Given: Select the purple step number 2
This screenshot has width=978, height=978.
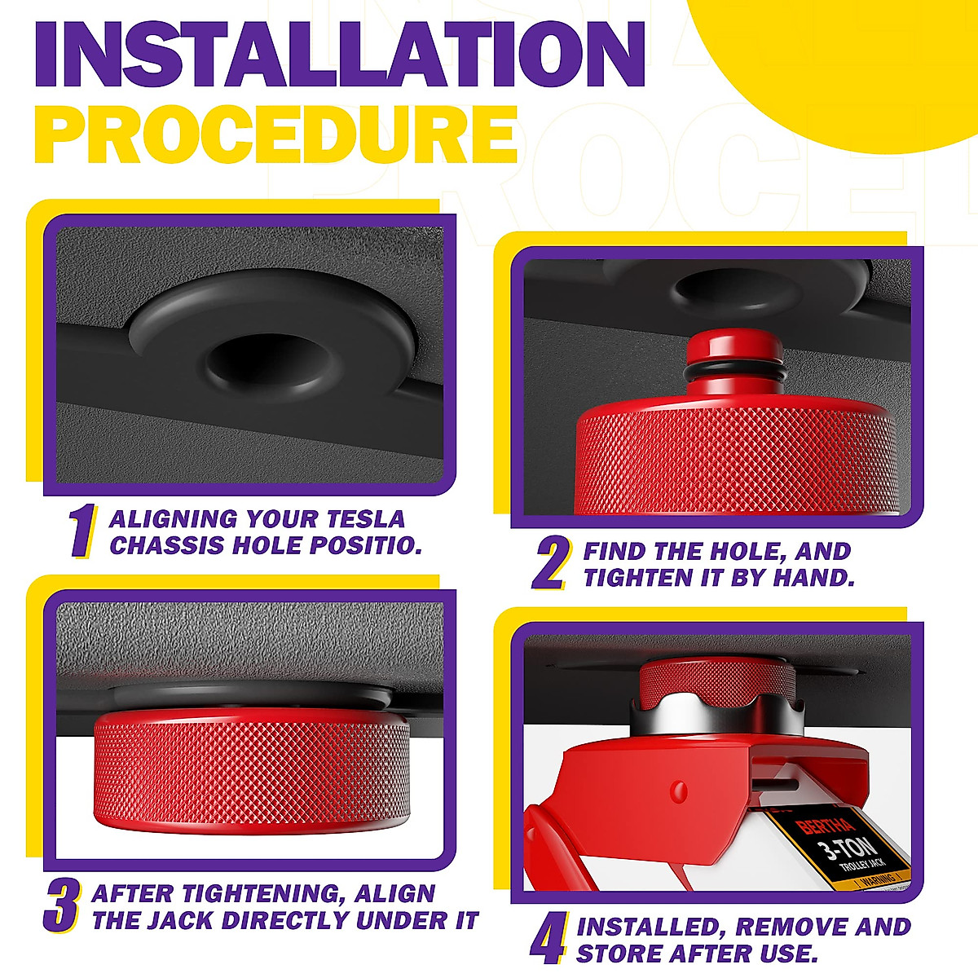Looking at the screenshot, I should (x=552, y=563).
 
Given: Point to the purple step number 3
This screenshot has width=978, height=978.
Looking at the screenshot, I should (x=62, y=905).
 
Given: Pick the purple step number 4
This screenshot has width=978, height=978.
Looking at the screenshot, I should (x=548, y=939).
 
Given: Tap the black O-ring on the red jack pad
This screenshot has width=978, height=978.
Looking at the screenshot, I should (x=734, y=372).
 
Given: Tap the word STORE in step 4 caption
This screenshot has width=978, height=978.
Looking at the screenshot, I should (x=615, y=953).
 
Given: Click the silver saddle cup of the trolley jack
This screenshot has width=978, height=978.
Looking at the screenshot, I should (x=716, y=715).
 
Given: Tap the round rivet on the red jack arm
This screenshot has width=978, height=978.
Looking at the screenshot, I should (x=679, y=790).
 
